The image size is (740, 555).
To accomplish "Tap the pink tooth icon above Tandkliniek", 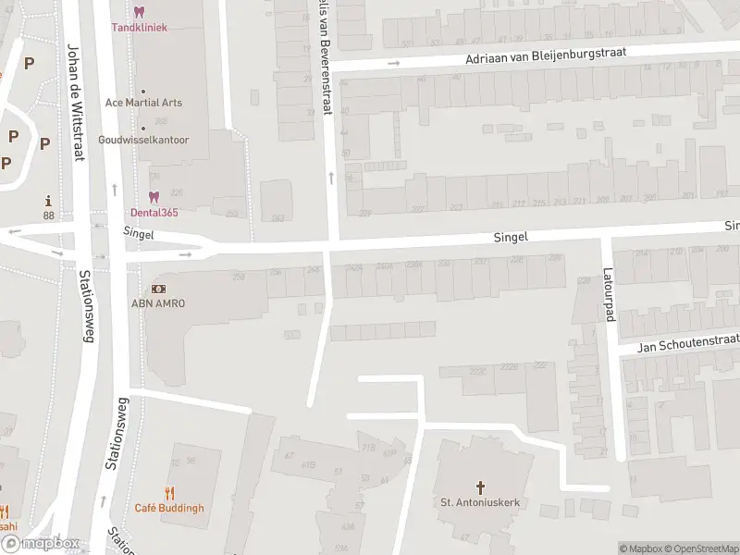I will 139,11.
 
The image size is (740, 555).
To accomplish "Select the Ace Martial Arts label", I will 143,103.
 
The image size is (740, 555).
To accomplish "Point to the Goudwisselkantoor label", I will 143,141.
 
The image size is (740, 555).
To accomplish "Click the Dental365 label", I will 154,212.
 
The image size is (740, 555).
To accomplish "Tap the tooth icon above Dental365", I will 154,196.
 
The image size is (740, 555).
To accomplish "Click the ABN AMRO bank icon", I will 158,289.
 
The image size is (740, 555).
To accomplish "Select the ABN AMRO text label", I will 158,303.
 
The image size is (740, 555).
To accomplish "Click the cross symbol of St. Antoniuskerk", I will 480,487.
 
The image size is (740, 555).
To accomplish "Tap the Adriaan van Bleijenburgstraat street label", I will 547,56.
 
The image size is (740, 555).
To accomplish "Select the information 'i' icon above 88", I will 47,201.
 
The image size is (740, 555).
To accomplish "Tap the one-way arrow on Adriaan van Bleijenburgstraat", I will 393,64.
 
